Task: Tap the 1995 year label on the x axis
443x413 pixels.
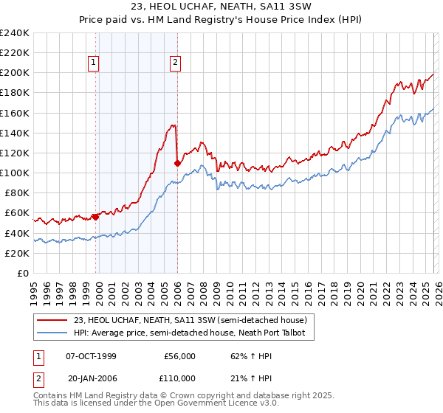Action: point(34,287)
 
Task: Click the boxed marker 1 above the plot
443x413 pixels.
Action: point(95,63)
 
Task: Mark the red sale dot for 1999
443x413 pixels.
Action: point(95,217)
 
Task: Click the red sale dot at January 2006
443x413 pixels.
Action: point(177,163)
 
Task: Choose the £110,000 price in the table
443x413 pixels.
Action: point(179,378)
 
